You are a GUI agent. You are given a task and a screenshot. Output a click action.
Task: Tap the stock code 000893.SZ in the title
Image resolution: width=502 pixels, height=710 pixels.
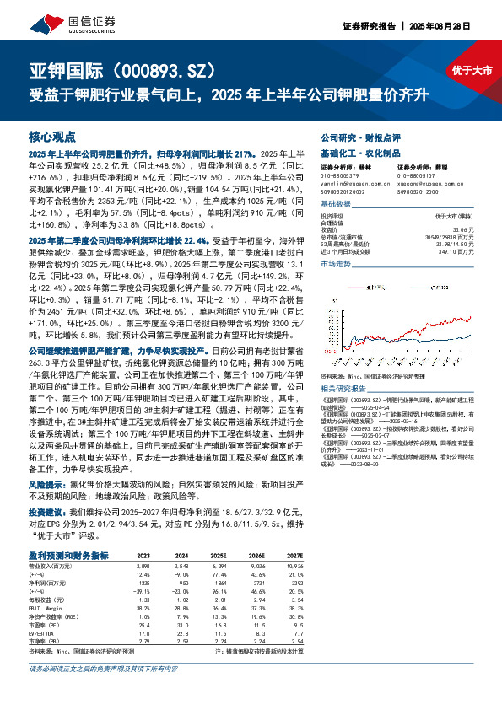coord(159,69)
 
